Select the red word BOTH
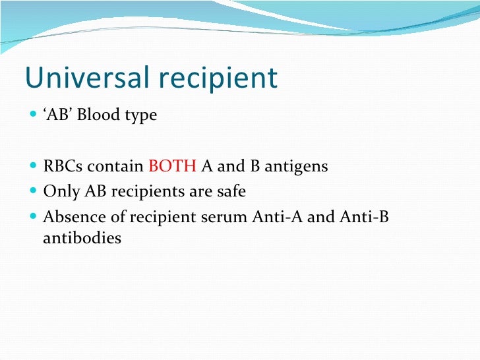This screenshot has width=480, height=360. [172, 166]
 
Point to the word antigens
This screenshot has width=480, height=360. [297, 166]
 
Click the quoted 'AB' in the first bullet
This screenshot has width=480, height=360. [57, 115]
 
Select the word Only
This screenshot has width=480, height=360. [61, 192]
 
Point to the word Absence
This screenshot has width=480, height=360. [70, 216]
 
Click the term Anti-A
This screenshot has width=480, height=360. [277, 216]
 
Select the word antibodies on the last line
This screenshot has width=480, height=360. [82, 238]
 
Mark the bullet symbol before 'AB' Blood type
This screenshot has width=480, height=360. [34, 115]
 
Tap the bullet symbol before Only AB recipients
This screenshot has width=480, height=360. [34, 192]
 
